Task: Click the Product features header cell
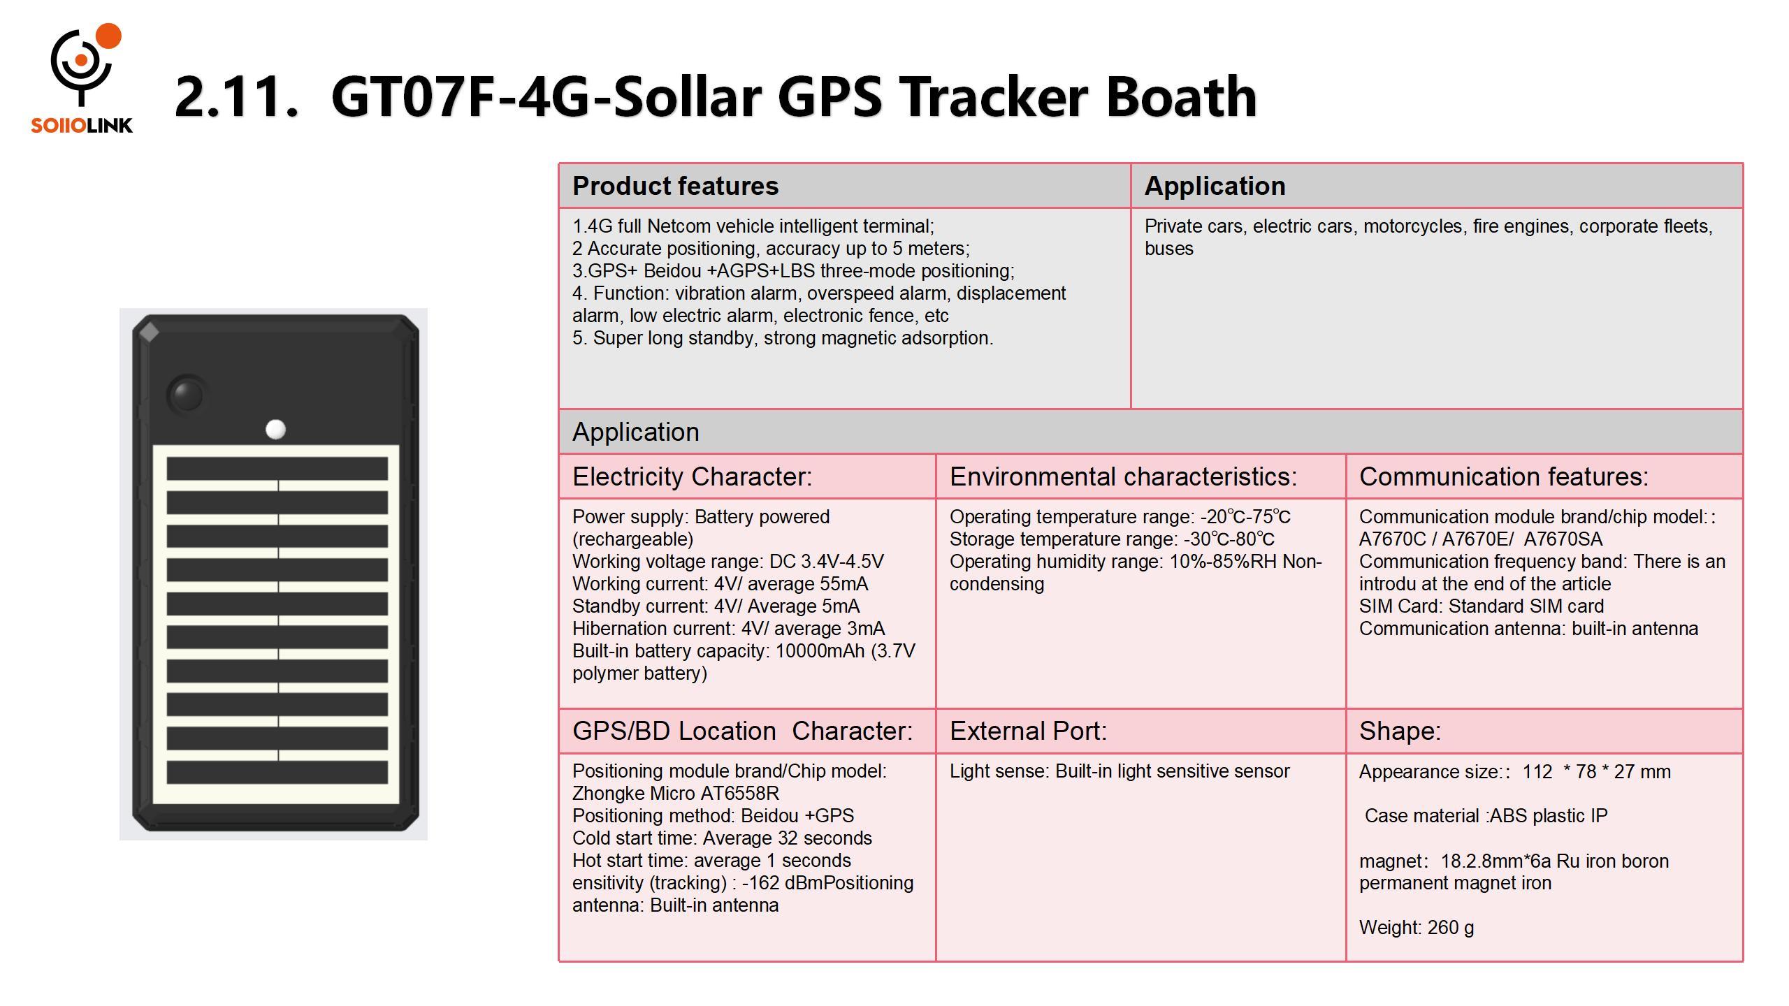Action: point(844,186)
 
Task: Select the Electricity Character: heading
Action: point(692,476)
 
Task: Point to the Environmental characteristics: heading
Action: point(1123,476)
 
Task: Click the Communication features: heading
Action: point(1504,476)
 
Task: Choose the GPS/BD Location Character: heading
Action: point(742,731)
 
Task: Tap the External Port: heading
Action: point(1028,731)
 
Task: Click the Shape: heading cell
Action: point(1544,731)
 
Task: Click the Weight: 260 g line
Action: point(1417,928)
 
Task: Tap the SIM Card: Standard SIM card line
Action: point(1481,606)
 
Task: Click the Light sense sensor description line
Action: point(1120,771)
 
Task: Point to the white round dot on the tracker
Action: point(276,430)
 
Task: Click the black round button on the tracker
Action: point(187,395)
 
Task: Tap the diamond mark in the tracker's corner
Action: point(149,333)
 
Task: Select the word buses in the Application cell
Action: point(1169,249)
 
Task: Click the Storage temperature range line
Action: point(1112,539)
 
